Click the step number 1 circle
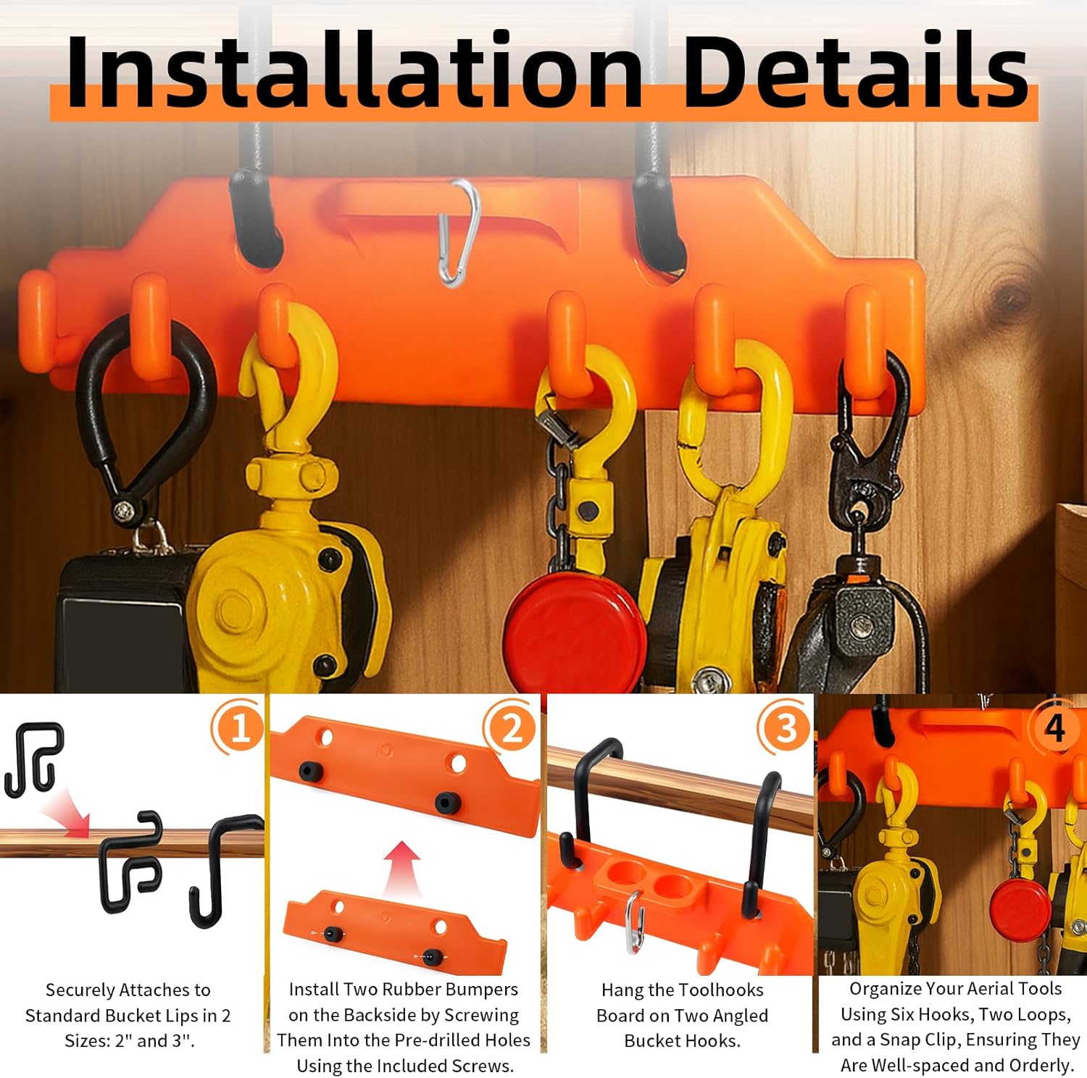coord(238,727)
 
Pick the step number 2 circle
coord(511,727)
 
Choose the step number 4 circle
coord(1054,726)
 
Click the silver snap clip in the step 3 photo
coord(633,920)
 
